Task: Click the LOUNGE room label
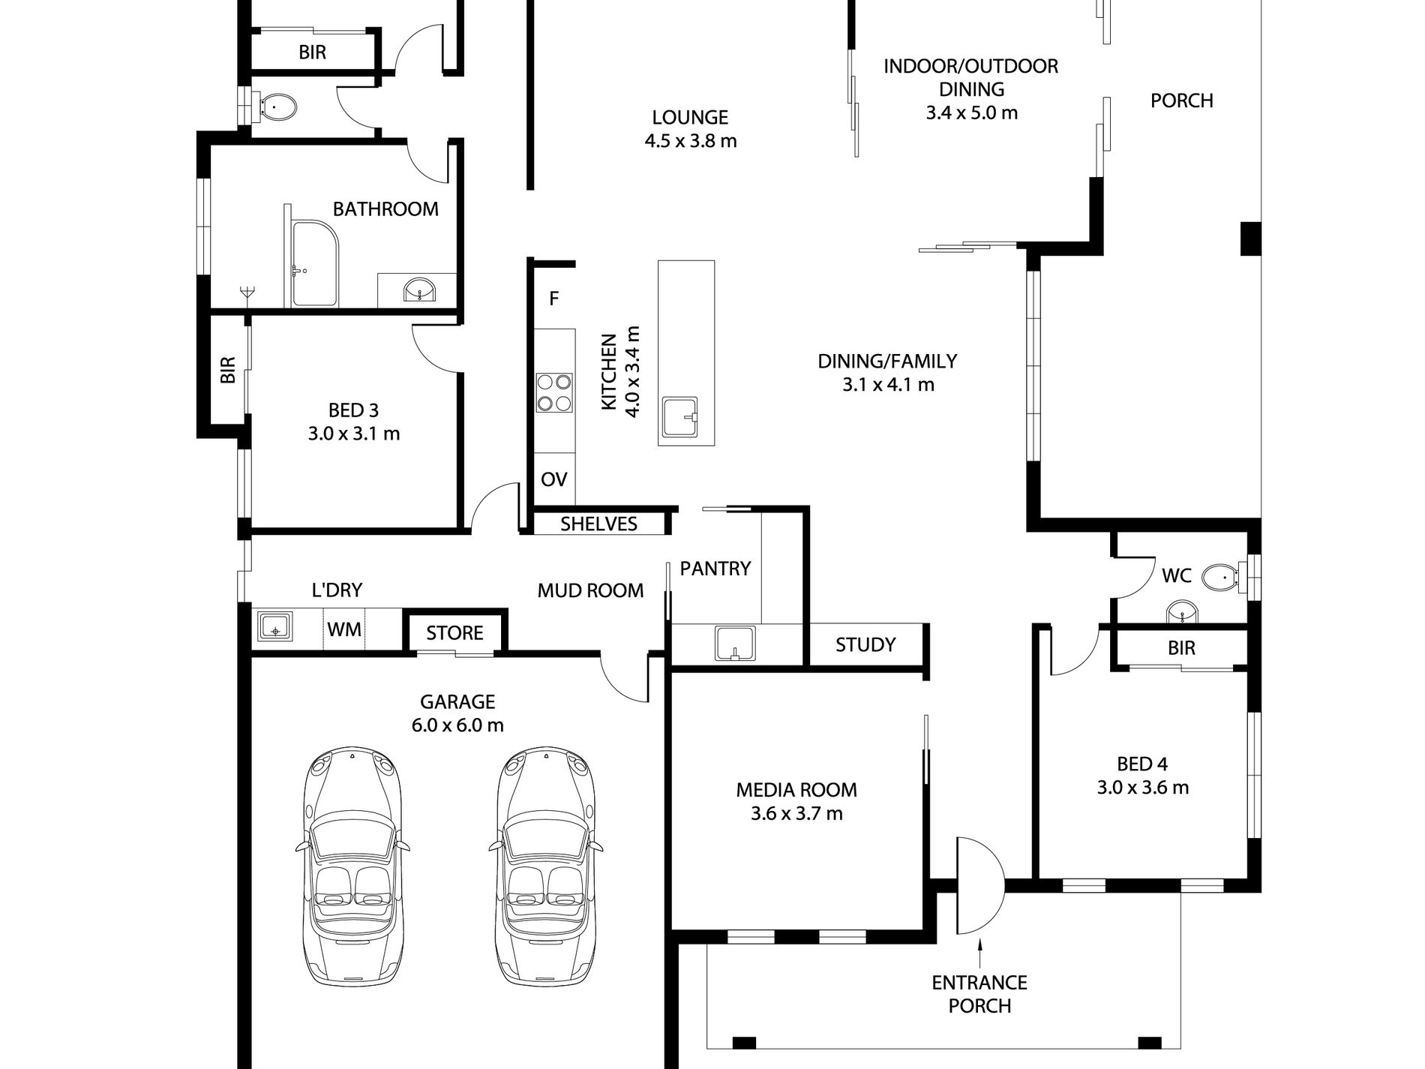690,117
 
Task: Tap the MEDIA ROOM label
796,789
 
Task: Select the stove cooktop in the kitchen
554,393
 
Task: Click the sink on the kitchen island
680,418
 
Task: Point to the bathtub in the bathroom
315,263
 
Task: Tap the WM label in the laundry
344,629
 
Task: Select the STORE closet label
454,632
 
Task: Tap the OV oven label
553,479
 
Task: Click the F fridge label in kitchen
553,299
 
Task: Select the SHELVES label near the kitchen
598,524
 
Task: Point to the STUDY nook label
865,644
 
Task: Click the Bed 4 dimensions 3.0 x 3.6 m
1142,788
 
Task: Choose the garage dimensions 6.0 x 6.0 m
457,725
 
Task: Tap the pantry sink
734,644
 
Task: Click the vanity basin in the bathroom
418,289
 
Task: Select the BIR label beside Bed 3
228,370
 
